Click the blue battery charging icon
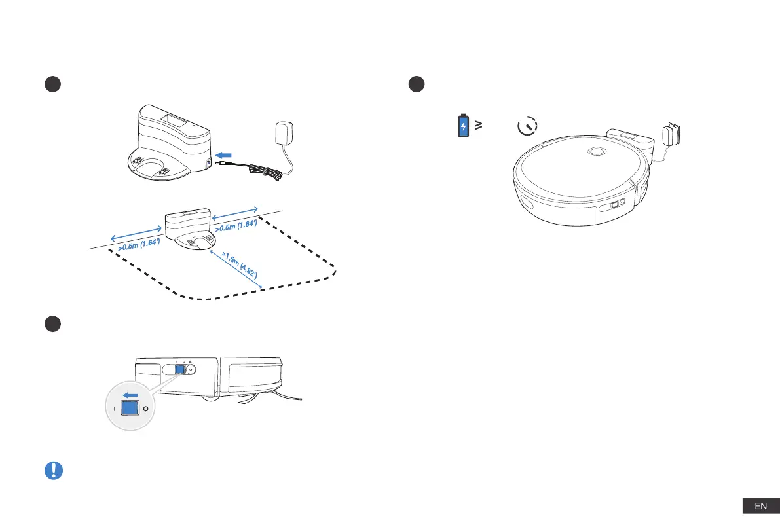tap(463, 126)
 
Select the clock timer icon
tap(527, 126)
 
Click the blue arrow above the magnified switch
tap(131, 394)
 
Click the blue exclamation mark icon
tap(54, 470)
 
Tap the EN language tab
tap(760, 506)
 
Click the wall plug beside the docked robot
tap(672, 136)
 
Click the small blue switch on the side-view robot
tap(179, 369)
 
